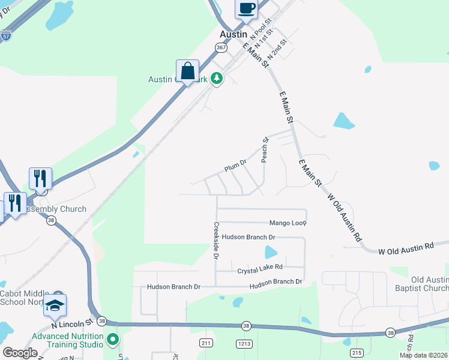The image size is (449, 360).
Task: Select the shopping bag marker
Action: tap(188, 71)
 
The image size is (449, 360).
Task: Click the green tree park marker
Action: tap(217, 78)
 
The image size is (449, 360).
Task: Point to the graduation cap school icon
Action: tap(55, 306)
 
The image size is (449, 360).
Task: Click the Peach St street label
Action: tap(264, 149)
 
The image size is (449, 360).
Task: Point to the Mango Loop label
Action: tap(288, 223)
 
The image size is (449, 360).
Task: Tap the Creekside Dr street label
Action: tap(216, 240)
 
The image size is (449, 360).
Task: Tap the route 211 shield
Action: tap(206, 343)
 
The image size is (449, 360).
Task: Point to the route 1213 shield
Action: tap(244, 343)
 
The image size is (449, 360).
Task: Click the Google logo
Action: tap(20, 353)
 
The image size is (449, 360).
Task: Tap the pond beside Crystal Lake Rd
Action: tap(271, 252)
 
